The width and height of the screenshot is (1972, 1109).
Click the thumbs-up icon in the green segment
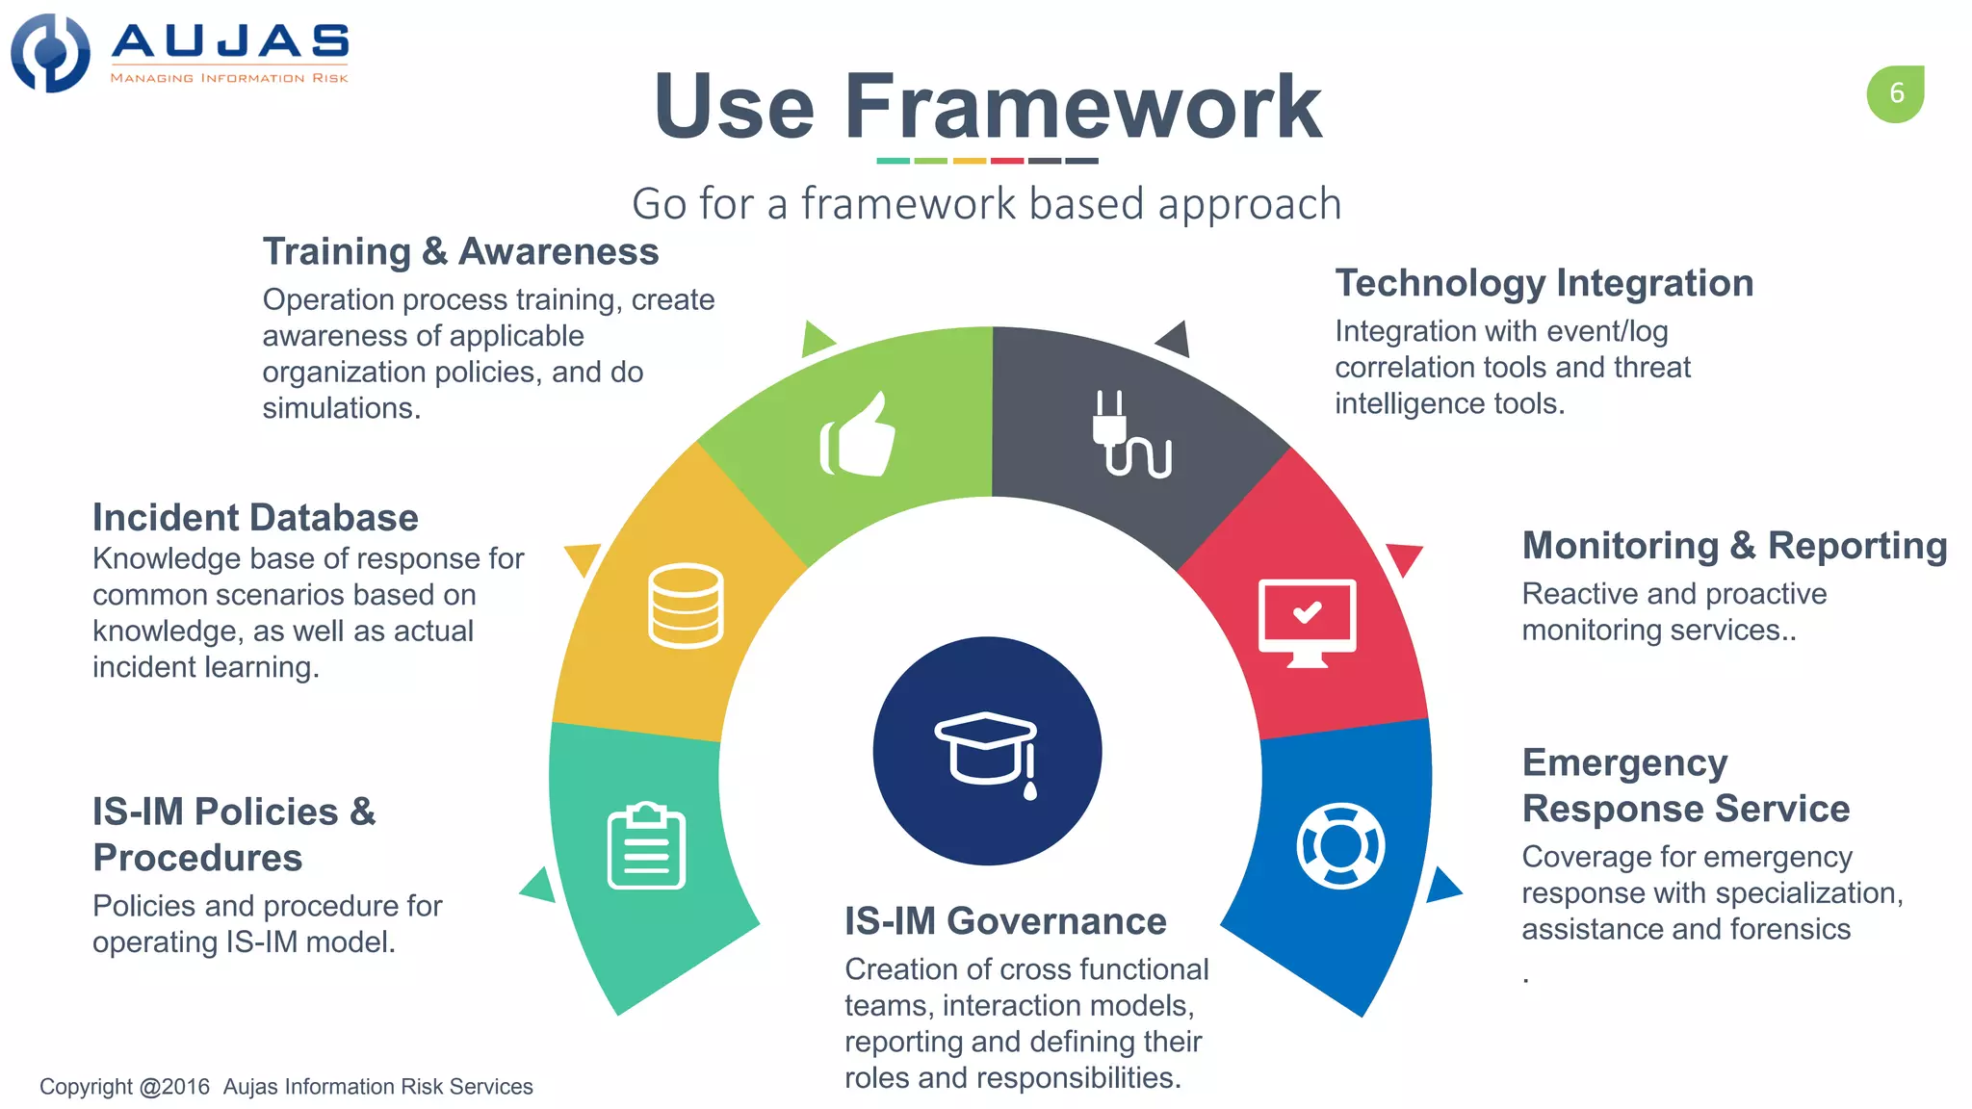click(857, 435)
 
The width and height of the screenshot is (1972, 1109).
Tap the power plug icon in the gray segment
click(1130, 435)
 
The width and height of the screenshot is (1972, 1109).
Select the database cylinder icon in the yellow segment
click(686, 606)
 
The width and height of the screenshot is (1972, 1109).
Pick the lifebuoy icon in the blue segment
click(1340, 845)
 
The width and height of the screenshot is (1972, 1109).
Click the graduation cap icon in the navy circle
click(987, 751)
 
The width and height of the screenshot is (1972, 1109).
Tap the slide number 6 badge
click(1895, 93)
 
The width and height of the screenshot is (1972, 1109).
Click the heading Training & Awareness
click(460, 251)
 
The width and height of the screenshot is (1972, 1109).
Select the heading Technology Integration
click(1544, 283)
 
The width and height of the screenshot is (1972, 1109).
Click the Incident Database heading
click(255, 518)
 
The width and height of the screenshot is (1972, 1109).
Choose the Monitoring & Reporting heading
click(1734, 546)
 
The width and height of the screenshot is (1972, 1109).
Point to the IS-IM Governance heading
click(1005, 921)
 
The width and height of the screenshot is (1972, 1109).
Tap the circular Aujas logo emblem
click(50, 53)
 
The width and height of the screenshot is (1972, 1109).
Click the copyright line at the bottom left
click(286, 1087)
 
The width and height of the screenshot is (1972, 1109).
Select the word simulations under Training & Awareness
click(341, 408)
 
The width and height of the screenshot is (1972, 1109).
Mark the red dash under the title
click(1006, 161)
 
